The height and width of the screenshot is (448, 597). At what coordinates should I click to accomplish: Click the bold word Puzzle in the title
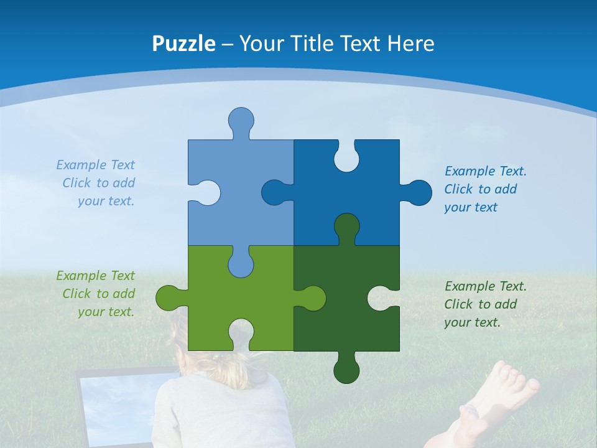pyautogui.click(x=183, y=44)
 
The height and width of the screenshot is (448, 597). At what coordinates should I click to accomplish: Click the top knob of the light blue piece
pyautogui.click(x=241, y=119)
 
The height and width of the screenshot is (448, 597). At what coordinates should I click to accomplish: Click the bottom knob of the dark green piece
pyautogui.click(x=346, y=371)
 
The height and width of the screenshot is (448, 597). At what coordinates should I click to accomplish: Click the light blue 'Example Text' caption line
pyautogui.click(x=95, y=165)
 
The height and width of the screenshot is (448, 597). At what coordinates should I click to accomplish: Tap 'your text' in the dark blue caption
pyautogui.click(x=471, y=207)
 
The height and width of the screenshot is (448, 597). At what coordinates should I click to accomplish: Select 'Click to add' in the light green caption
pyautogui.click(x=98, y=294)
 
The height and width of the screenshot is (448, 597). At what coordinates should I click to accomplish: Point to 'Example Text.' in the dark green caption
pyautogui.click(x=485, y=286)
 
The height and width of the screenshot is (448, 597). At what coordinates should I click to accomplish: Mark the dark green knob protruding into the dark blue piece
pyautogui.click(x=346, y=226)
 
